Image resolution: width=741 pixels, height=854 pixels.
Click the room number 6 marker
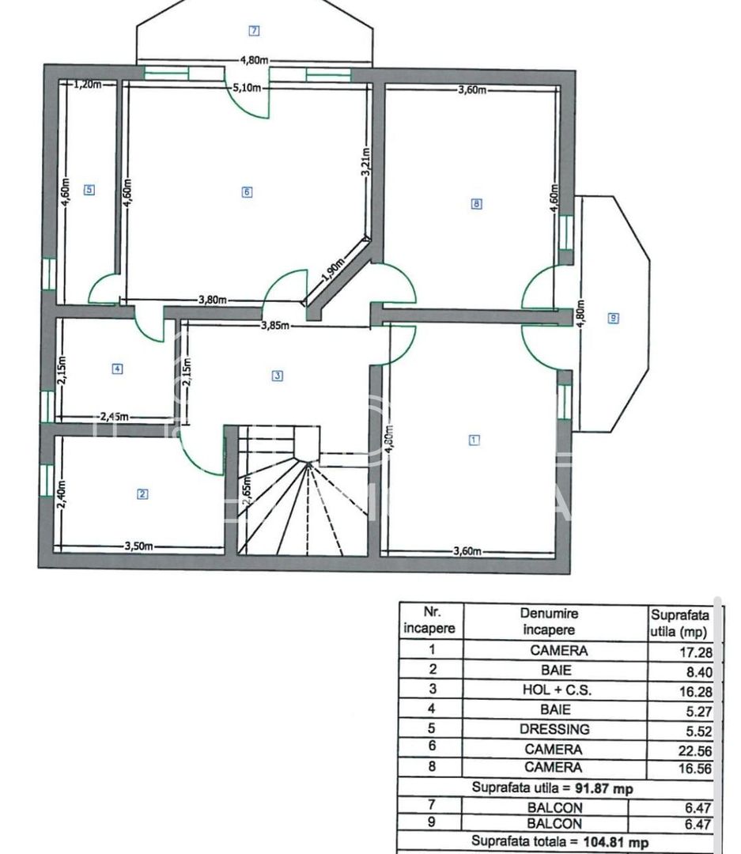247,192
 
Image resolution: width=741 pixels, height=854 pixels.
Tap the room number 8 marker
476,203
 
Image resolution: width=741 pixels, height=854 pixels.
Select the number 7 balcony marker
254,31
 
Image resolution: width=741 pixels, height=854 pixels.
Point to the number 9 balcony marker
613,318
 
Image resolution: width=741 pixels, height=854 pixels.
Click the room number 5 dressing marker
89,190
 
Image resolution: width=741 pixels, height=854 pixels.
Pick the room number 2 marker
142,495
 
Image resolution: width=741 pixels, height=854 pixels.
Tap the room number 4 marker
117,368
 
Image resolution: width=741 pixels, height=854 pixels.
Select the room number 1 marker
474,440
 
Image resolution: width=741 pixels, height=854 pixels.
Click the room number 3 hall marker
277,376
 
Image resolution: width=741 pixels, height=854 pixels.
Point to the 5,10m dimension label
246,88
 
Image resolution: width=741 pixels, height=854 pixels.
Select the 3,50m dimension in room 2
138,546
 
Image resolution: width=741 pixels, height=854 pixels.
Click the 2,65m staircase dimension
247,494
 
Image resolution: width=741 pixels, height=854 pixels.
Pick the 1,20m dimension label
88,85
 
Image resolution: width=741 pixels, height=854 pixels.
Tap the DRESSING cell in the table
554,729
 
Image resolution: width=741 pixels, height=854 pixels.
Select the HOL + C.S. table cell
554,690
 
